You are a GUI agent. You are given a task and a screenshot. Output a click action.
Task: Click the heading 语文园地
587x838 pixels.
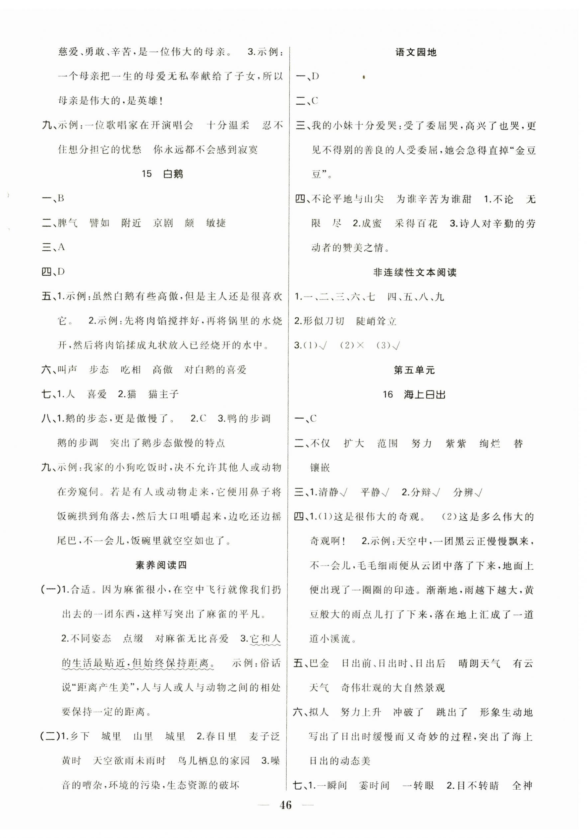[x=416, y=52]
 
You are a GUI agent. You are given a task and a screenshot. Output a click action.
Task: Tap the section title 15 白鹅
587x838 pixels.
[x=162, y=174]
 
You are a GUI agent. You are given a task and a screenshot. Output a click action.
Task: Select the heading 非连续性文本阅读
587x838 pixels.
[x=415, y=272]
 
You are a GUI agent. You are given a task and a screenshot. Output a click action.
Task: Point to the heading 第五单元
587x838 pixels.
[x=415, y=370]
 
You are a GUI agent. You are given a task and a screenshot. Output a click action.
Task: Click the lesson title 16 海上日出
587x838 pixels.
[x=414, y=394]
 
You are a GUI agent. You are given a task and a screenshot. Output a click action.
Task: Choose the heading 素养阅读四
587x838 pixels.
[x=161, y=565]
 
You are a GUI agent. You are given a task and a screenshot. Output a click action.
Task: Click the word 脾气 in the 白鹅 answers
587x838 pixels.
[x=68, y=223]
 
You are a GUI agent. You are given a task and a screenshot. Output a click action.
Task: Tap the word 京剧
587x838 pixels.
[x=163, y=223]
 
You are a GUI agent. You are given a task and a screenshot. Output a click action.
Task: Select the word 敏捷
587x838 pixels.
[x=216, y=223]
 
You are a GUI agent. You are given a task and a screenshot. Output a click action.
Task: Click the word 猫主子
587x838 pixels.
[x=164, y=394]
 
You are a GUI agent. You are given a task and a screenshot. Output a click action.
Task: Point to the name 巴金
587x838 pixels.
[x=319, y=663]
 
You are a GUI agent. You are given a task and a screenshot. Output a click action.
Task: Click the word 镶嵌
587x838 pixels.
[x=320, y=468]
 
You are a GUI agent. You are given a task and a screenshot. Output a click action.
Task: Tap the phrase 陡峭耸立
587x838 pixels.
[x=376, y=321]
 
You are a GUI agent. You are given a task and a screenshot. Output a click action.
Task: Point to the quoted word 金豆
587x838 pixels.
[x=525, y=150]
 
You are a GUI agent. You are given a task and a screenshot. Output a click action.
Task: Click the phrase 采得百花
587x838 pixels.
[x=416, y=223]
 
